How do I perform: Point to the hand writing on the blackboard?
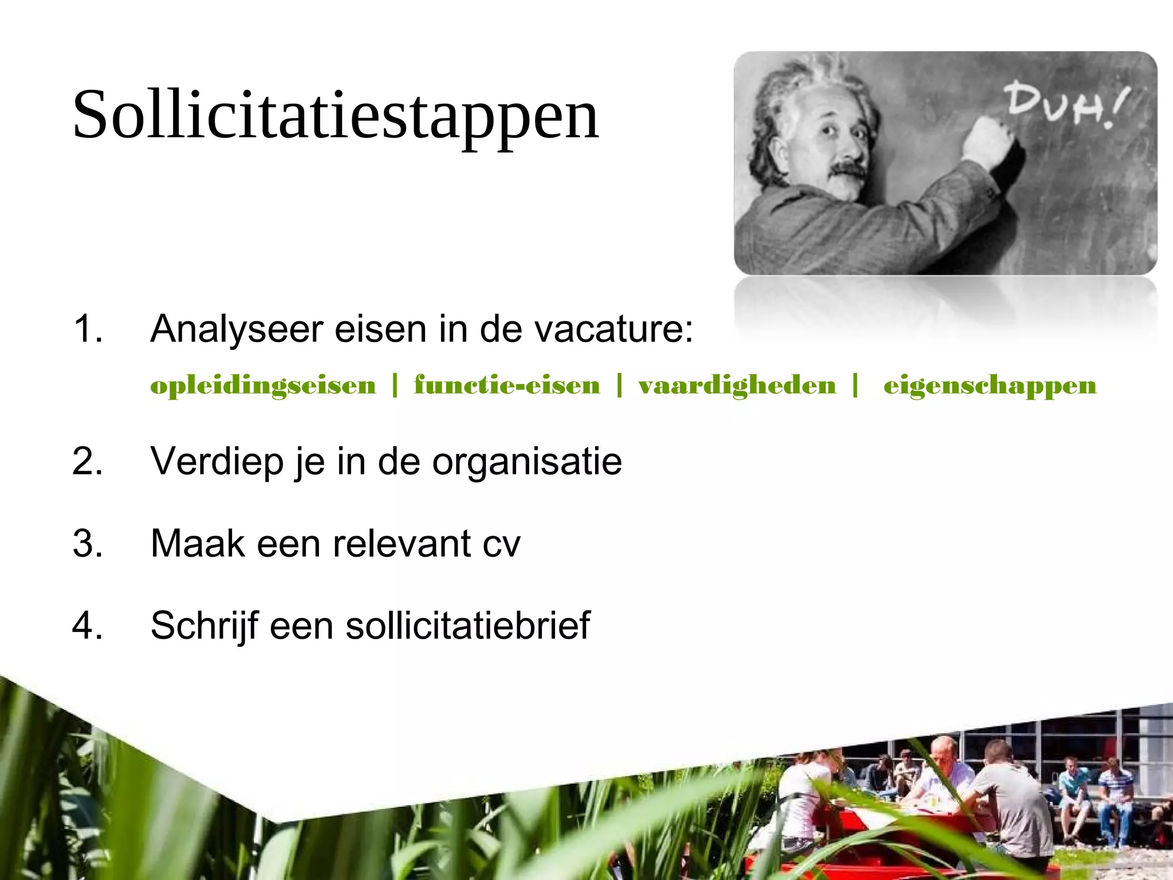[x=988, y=140]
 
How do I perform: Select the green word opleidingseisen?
[x=263, y=386]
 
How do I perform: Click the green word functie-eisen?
[x=507, y=386]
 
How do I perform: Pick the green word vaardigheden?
[x=737, y=386]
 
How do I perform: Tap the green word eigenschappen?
[x=990, y=386]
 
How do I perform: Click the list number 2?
[x=88, y=461]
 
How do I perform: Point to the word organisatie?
[x=527, y=462]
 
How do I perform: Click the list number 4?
[x=88, y=625]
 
